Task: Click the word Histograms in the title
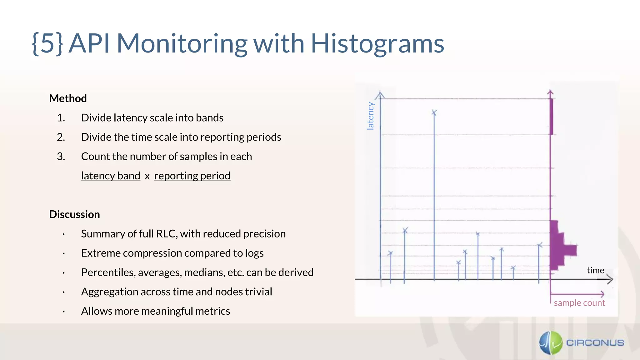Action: tap(377, 44)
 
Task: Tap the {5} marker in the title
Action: tap(47, 44)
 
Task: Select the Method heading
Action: tap(68, 98)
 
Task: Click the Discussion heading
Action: tap(74, 214)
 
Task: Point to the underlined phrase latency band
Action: tap(111, 176)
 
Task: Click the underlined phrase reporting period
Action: tap(192, 176)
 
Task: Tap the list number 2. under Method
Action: tap(61, 137)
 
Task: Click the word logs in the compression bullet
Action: tap(254, 253)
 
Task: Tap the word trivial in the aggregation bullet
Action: tap(258, 292)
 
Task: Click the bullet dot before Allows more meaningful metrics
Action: tap(63, 312)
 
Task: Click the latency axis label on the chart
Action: tap(370, 116)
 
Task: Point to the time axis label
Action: tap(595, 270)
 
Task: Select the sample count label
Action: tap(579, 303)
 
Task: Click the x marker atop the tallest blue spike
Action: tap(434, 112)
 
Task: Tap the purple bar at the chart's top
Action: tap(551, 117)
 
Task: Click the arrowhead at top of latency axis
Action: tap(380, 94)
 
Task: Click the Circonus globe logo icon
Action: tap(551, 343)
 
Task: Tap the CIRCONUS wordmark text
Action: tap(595, 343)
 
